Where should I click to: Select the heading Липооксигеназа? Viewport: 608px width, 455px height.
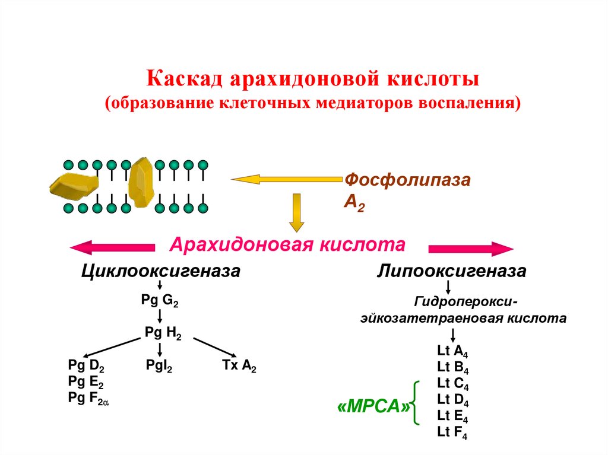pyautogui.click(x=452, y=272)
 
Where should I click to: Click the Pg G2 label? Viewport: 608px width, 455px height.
pyautogui.click(x=160, y=301)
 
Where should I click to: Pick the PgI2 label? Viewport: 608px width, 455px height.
pyautogui.click(x=159, y=365)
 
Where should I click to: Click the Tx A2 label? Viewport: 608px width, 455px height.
pyautogui.click(x=239, y=366)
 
